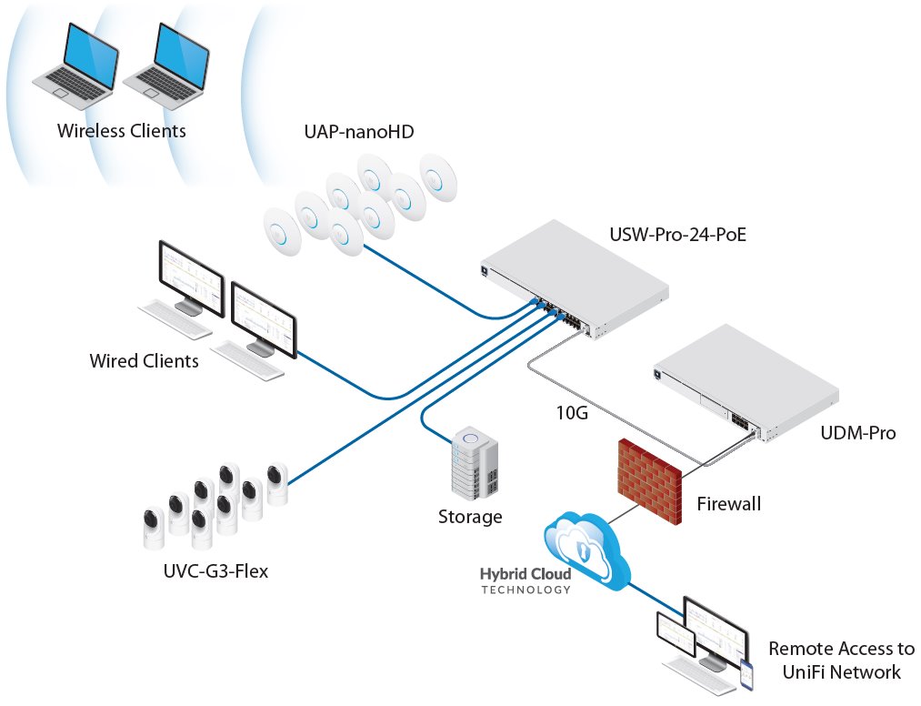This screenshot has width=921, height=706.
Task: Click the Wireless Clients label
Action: pyautogui.click(x=121, y=131)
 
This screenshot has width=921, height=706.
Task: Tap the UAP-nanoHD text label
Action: pyautogui.click(x=359, y=132)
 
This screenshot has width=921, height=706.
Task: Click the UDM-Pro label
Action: pyautogui.click(x=858, y=433)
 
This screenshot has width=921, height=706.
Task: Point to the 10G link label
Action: pyautogui.click(x=572, y=413)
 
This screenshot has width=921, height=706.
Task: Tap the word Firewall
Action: pyautogui.click(x=728, y=503)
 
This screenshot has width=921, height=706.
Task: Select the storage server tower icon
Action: pyautogui.click(x=476, y=465)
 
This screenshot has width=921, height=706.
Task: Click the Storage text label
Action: pyautogui.click(x=470, y=518)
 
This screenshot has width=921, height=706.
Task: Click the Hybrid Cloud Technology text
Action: pyautogui.click(x=526, y=581)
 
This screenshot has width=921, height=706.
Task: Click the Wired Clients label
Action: pyautogui.click(x=144, y=361)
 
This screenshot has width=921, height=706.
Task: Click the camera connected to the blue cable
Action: pyautogui.click(x=277, y=482)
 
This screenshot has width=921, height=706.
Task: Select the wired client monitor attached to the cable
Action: pyautogui.click(x=264, y=319)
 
